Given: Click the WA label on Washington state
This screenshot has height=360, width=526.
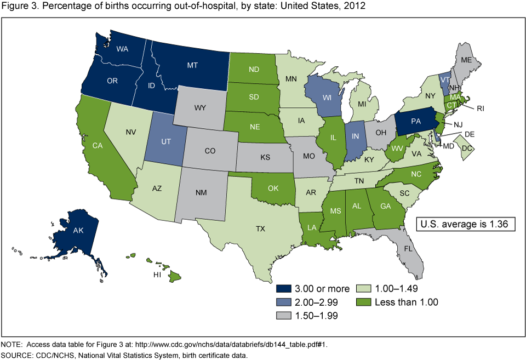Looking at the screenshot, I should [122, 48].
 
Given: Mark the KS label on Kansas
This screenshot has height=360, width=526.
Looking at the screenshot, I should [266, 158].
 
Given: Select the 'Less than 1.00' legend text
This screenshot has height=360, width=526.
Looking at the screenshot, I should [405, 302].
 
